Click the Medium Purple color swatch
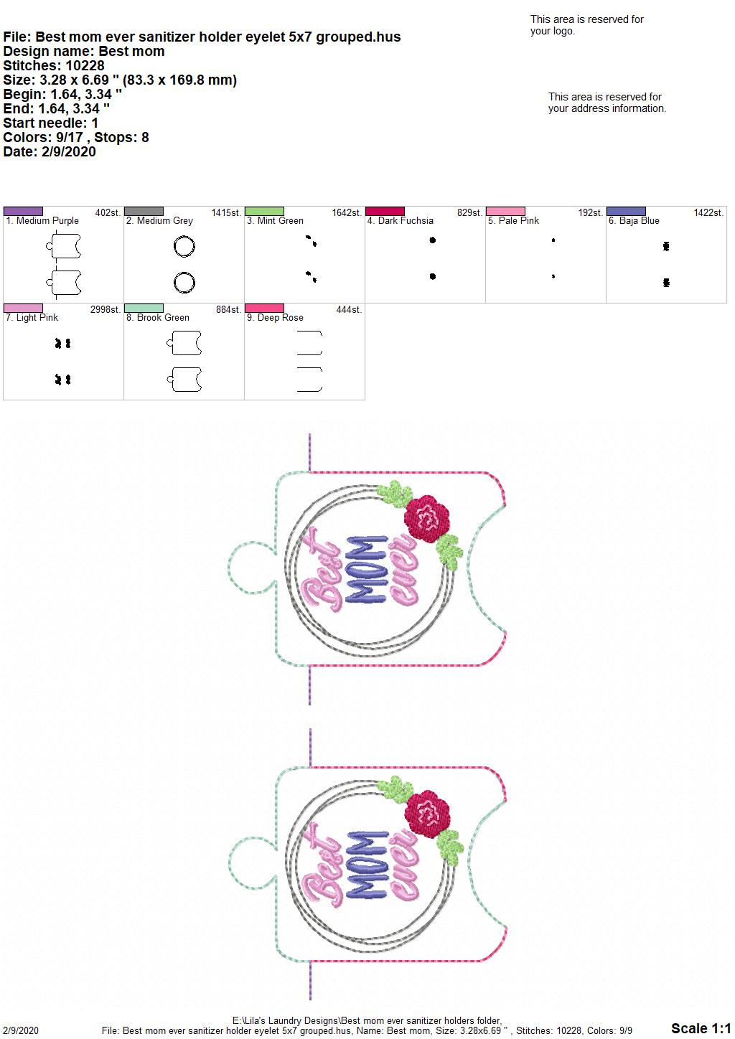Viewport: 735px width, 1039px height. [x=23, y=211]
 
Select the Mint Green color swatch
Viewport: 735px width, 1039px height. [x=264, y=211]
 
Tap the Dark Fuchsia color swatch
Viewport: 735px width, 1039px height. [x=385, y=211]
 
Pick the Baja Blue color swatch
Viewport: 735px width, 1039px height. [x=626, y=211]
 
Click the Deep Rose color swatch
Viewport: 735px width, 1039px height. [x=264, y=308]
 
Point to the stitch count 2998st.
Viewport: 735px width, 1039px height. [x=106, y=309]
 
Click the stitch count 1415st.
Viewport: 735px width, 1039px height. [x=226, y=212]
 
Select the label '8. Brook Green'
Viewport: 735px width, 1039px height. [x=158, y=317]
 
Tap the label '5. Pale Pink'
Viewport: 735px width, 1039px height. [x=513, y=220]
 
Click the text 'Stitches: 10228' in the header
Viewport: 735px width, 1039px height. [x=54, y=65]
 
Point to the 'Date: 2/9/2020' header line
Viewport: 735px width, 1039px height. [x=50, y=151]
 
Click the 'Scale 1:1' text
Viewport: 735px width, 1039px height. [x=701, y=1028]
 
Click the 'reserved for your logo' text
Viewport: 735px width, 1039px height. [x=586, y=25]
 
